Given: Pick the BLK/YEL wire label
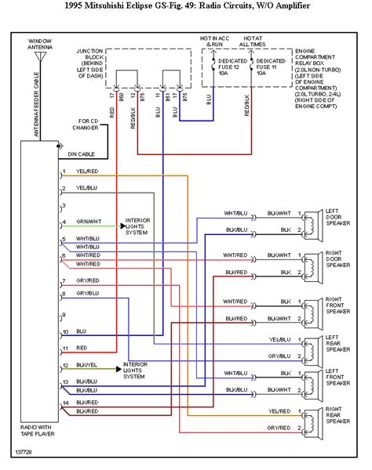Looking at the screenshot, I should coord(87,366).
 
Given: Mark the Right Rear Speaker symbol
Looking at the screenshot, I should coord(310,419).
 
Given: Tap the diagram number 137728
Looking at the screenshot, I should coord(24,452).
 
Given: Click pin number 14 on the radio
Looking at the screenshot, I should coord(65,403).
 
